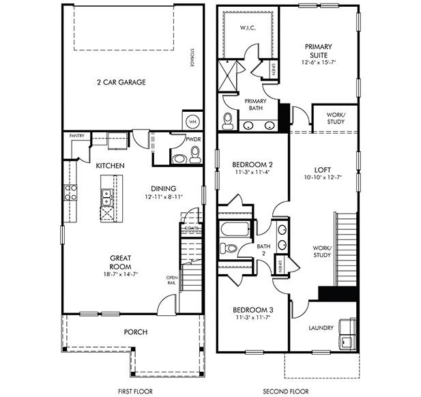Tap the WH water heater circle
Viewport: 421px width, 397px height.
(192, 120)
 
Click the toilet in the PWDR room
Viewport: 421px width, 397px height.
(194, 157)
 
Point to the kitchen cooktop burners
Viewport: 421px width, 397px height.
(70, 192)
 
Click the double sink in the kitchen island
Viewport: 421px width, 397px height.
(107, 197)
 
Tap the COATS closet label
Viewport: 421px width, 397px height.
(190, 228)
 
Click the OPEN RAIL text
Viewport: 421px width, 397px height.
(173, 280)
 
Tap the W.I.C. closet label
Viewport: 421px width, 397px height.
(247, 29)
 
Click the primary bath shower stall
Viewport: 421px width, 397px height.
(227, 76)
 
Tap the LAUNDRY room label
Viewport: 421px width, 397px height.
(321, 328)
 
